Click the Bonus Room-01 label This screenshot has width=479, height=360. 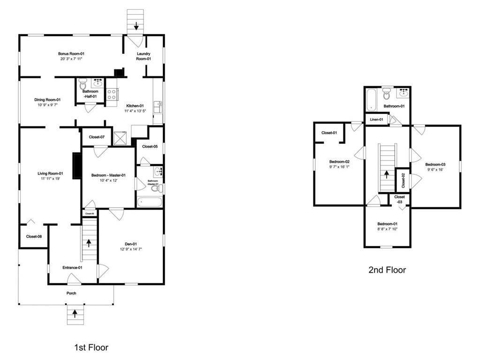[71, 54]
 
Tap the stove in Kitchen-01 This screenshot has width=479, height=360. [112, 94]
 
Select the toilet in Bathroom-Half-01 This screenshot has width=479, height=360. [83, 84]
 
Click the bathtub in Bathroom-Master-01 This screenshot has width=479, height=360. [150, 202]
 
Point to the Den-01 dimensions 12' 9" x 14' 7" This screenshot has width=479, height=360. [131, 249]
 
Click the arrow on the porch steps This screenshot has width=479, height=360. [74, 313]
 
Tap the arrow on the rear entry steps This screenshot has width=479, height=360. [136, 26]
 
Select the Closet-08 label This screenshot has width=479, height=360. [34, 237]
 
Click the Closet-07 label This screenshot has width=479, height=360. [97, 137]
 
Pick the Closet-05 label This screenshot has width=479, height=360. [150, 147]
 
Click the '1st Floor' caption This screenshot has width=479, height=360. [91, 347]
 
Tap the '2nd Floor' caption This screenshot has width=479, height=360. [387, 270]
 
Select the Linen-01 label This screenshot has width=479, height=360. [377, 120]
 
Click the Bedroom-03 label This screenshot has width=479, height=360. [435, 165]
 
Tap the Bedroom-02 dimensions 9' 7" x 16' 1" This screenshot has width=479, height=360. [339, 167]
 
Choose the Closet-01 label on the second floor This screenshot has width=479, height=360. [329, 133]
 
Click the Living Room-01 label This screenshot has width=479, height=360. [50, 174]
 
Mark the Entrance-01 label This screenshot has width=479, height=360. [72, 268]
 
